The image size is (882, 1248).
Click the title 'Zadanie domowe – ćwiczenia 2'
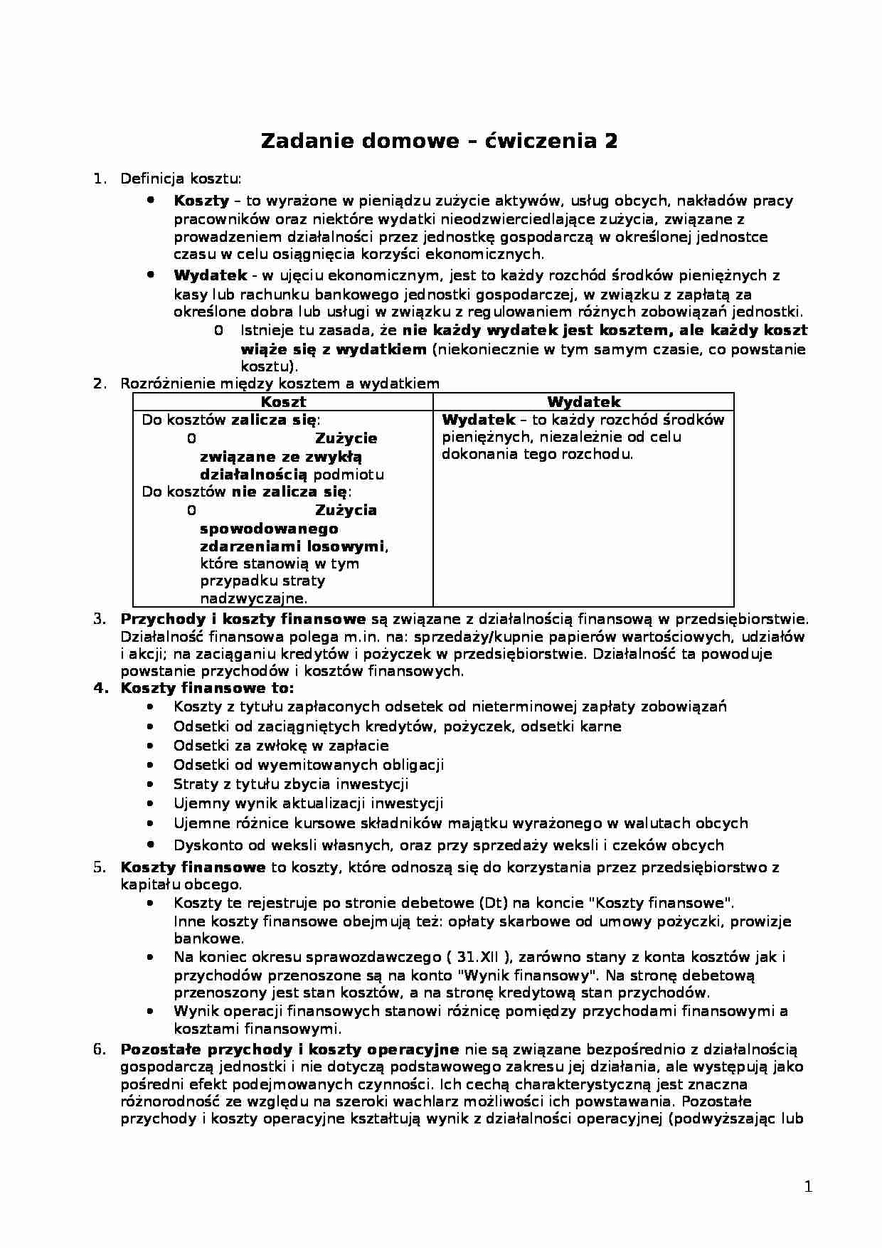coord(439,140)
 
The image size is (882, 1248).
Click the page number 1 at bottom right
coord(807,1186)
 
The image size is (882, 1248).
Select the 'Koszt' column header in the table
coord(283,402)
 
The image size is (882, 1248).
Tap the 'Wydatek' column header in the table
coord(583,402)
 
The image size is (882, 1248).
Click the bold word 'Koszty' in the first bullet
coord(201,201)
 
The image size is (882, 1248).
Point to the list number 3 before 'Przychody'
coord(100,619)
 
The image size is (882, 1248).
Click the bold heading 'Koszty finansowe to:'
coord(207,688)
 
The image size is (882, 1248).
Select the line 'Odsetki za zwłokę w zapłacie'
coord(281,746)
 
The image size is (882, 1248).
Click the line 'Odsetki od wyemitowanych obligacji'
coord(309,765)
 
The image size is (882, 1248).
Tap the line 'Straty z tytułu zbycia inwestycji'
coord(291,784)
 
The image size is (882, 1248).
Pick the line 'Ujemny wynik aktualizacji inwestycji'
coord(308,803)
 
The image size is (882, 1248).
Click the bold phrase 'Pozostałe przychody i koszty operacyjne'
coord(289,1049)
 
